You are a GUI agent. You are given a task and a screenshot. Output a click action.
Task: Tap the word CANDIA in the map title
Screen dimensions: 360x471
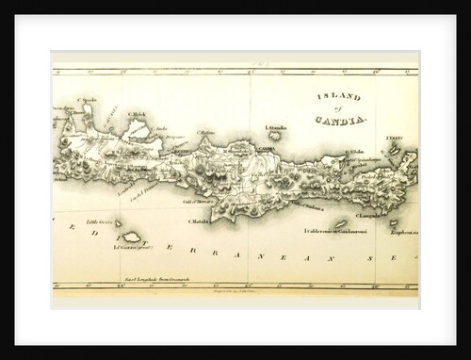tap(349, 121)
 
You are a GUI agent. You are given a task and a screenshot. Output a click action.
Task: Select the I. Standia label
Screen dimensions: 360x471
tap(276, 127)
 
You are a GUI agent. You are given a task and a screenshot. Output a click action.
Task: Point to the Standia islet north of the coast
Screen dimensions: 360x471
tap(274, 136)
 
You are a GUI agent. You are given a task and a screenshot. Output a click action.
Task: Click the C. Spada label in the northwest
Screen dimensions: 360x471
tap(89, 100)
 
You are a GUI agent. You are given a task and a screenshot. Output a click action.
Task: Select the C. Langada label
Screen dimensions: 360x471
tap(366, 215)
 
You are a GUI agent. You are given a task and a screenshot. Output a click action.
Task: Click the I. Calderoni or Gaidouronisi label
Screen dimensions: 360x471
tap(333, 229)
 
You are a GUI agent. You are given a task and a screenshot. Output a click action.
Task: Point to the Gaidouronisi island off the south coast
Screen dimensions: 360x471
tap(339, 222)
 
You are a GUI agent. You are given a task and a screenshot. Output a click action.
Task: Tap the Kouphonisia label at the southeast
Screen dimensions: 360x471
tap(402, 229)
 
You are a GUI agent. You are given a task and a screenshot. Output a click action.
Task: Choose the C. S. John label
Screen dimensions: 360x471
tap(355, 151)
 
